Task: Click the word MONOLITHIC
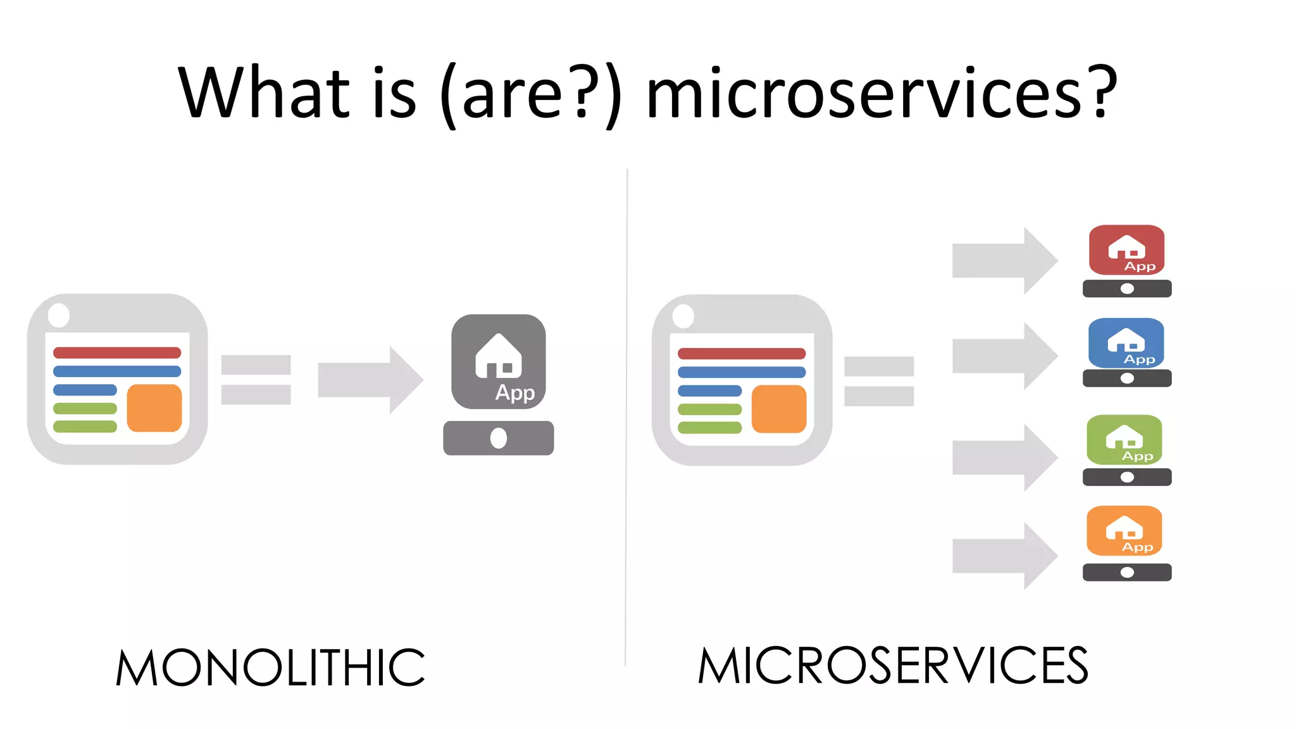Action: (x=270, y=668)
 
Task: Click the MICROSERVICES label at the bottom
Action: (x=892, y=666)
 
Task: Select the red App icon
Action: (x=1126, y=250)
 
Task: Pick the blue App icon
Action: (x=1126, y=343)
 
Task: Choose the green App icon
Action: (x=1124, y=440)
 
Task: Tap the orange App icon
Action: (x=1124, y=531)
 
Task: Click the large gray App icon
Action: (x=499, y=361)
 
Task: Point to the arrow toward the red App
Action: (x=1004, y=260)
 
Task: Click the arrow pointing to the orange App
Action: (x=1004, y=556)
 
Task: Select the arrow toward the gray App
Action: (x=370, y=380)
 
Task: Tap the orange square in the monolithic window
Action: (x=154, y=408)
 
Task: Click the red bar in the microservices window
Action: (x=741, y=353)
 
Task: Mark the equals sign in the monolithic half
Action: (x=256, y=380)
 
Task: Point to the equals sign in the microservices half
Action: (x=879, y=381)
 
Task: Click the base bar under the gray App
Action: (x=499, y=438)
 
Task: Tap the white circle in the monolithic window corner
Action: (x=59, y=315)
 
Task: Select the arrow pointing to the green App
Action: (x=1004, y=458)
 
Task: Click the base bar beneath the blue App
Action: (x=1127, y=378)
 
